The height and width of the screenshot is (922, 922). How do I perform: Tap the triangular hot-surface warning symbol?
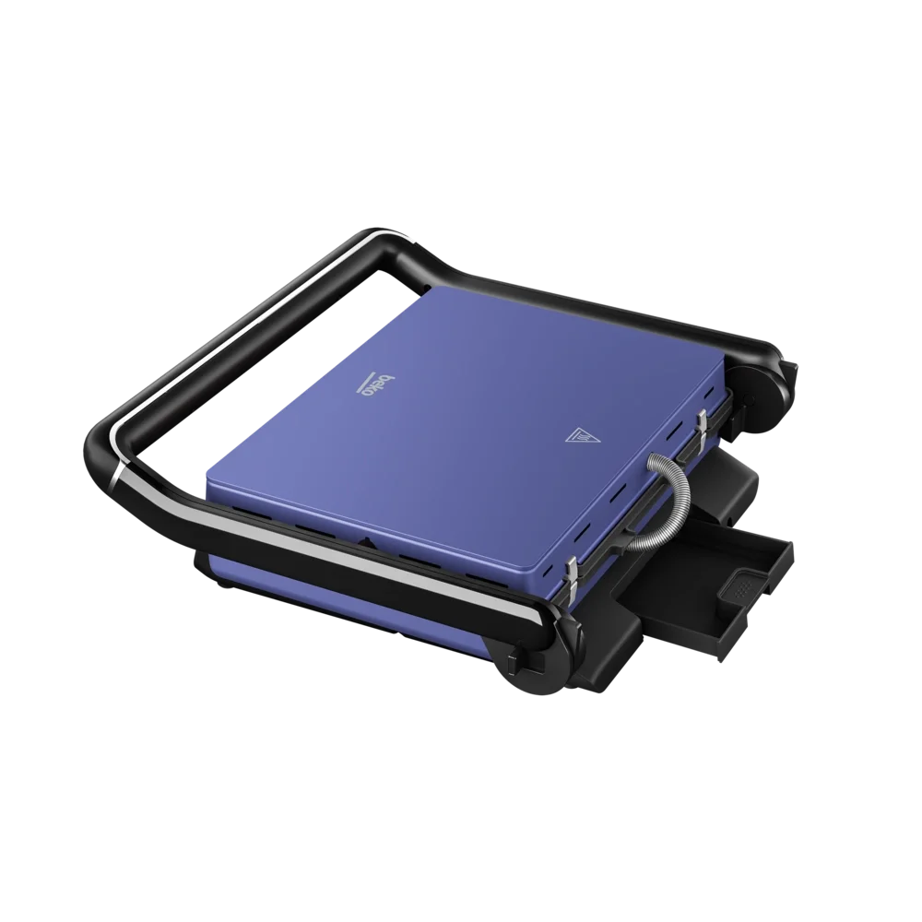[x=580, y=435]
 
